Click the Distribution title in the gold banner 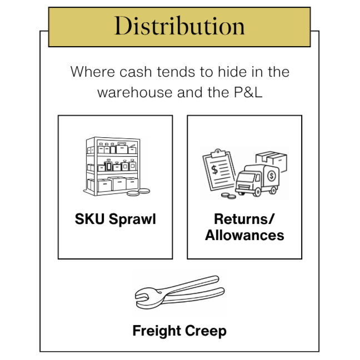click(179, 26)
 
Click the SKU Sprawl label click(116, 219)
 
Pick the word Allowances click(244, 235)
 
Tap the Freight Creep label click(179, 332)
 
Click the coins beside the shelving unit click(138, 192)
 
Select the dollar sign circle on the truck click(272, 176)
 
